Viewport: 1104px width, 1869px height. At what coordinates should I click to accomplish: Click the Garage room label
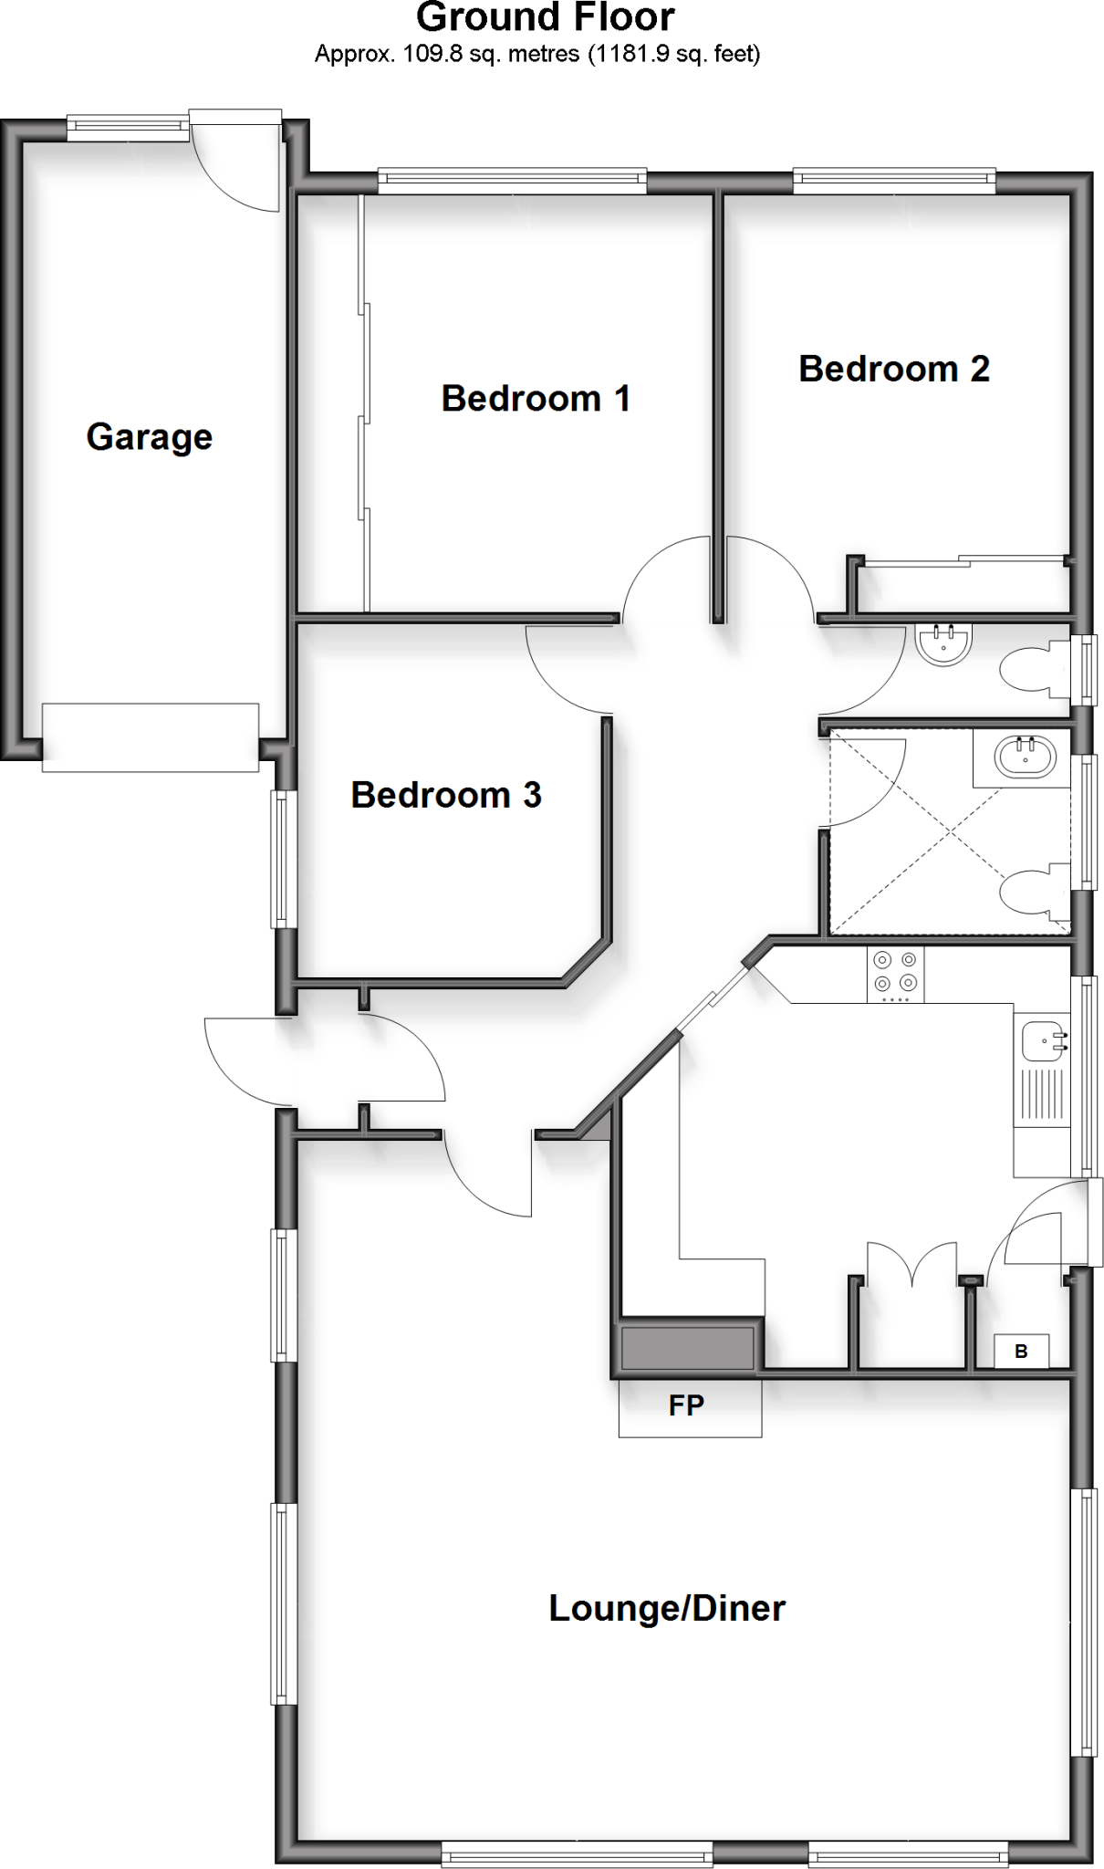[x=150, y=437]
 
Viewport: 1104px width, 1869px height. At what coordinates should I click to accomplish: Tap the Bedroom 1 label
[x=536, y=399]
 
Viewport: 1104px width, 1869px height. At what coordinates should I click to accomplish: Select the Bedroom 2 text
[x=893, y=369]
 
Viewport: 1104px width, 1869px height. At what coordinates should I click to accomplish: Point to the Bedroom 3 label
[x=446, y=795]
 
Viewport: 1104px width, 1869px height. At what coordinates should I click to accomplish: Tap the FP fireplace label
[x=686, y=1405]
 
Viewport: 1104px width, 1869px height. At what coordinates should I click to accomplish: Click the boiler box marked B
[x=1021, y=1352]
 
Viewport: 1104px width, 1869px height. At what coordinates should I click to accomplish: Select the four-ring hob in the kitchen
[x=895, y=972]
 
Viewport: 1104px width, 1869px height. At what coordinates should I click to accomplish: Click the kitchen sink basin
[x=1041, y=1040]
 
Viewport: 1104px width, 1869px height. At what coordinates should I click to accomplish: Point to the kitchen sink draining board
[x=1041, y=1095]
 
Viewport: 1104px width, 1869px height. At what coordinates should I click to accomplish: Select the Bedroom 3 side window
[x=283, y=859]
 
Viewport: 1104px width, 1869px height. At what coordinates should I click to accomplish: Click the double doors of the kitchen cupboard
[x=911, y=1264]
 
